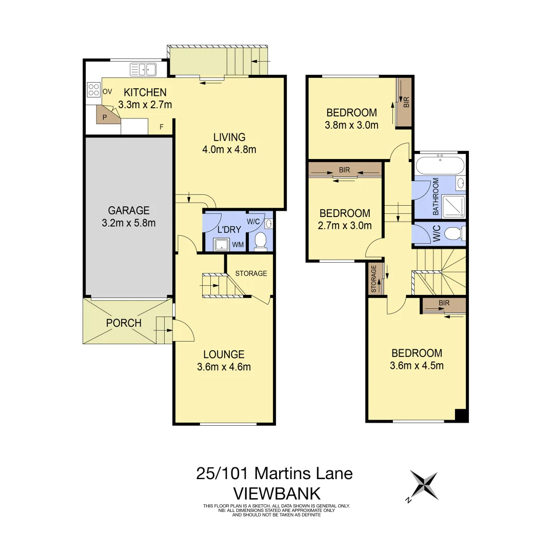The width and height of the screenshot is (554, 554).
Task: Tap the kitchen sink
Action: coord(144,69)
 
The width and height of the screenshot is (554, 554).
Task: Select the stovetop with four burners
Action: coord(94,90)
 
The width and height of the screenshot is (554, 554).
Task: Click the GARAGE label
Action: coord(129,210)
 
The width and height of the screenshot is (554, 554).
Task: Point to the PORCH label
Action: coord(124,323)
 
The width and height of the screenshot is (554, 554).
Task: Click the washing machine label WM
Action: coord(238,245)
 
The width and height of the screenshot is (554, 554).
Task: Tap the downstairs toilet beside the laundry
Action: coord(261,241)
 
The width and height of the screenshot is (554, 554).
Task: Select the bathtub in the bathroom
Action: coord(440,166)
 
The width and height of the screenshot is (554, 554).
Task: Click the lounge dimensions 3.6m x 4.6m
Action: coord(224,367)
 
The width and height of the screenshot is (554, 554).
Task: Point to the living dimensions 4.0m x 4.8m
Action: coord(229,150)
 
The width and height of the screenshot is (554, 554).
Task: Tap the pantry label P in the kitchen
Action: coord(105,117)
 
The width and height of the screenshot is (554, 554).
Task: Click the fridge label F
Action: coord(162,127)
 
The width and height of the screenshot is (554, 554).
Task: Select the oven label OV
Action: coord(107,91)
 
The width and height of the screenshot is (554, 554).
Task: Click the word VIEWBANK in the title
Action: coord(276,493)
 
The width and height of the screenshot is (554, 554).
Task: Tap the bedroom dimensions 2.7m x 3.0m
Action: coord(345,225)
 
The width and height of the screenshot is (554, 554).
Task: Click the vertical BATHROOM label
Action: coord(436,196)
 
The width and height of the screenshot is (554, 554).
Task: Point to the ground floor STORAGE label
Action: coord(251,273)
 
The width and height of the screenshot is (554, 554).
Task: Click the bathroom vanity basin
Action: coord(460,183)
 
